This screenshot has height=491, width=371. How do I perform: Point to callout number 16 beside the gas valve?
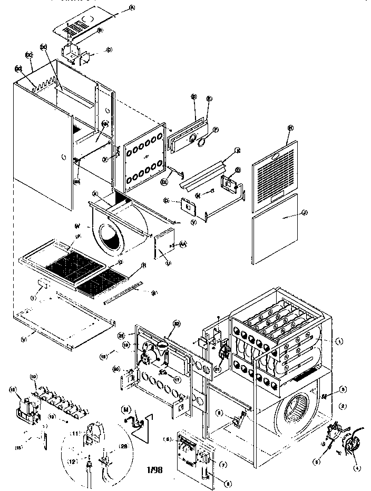tap(12, 389)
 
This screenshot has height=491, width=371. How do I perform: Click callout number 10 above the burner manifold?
tap(34, 377)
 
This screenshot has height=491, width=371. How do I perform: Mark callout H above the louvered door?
tap(290, 128)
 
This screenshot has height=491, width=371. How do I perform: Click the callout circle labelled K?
tap(238, 150)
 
